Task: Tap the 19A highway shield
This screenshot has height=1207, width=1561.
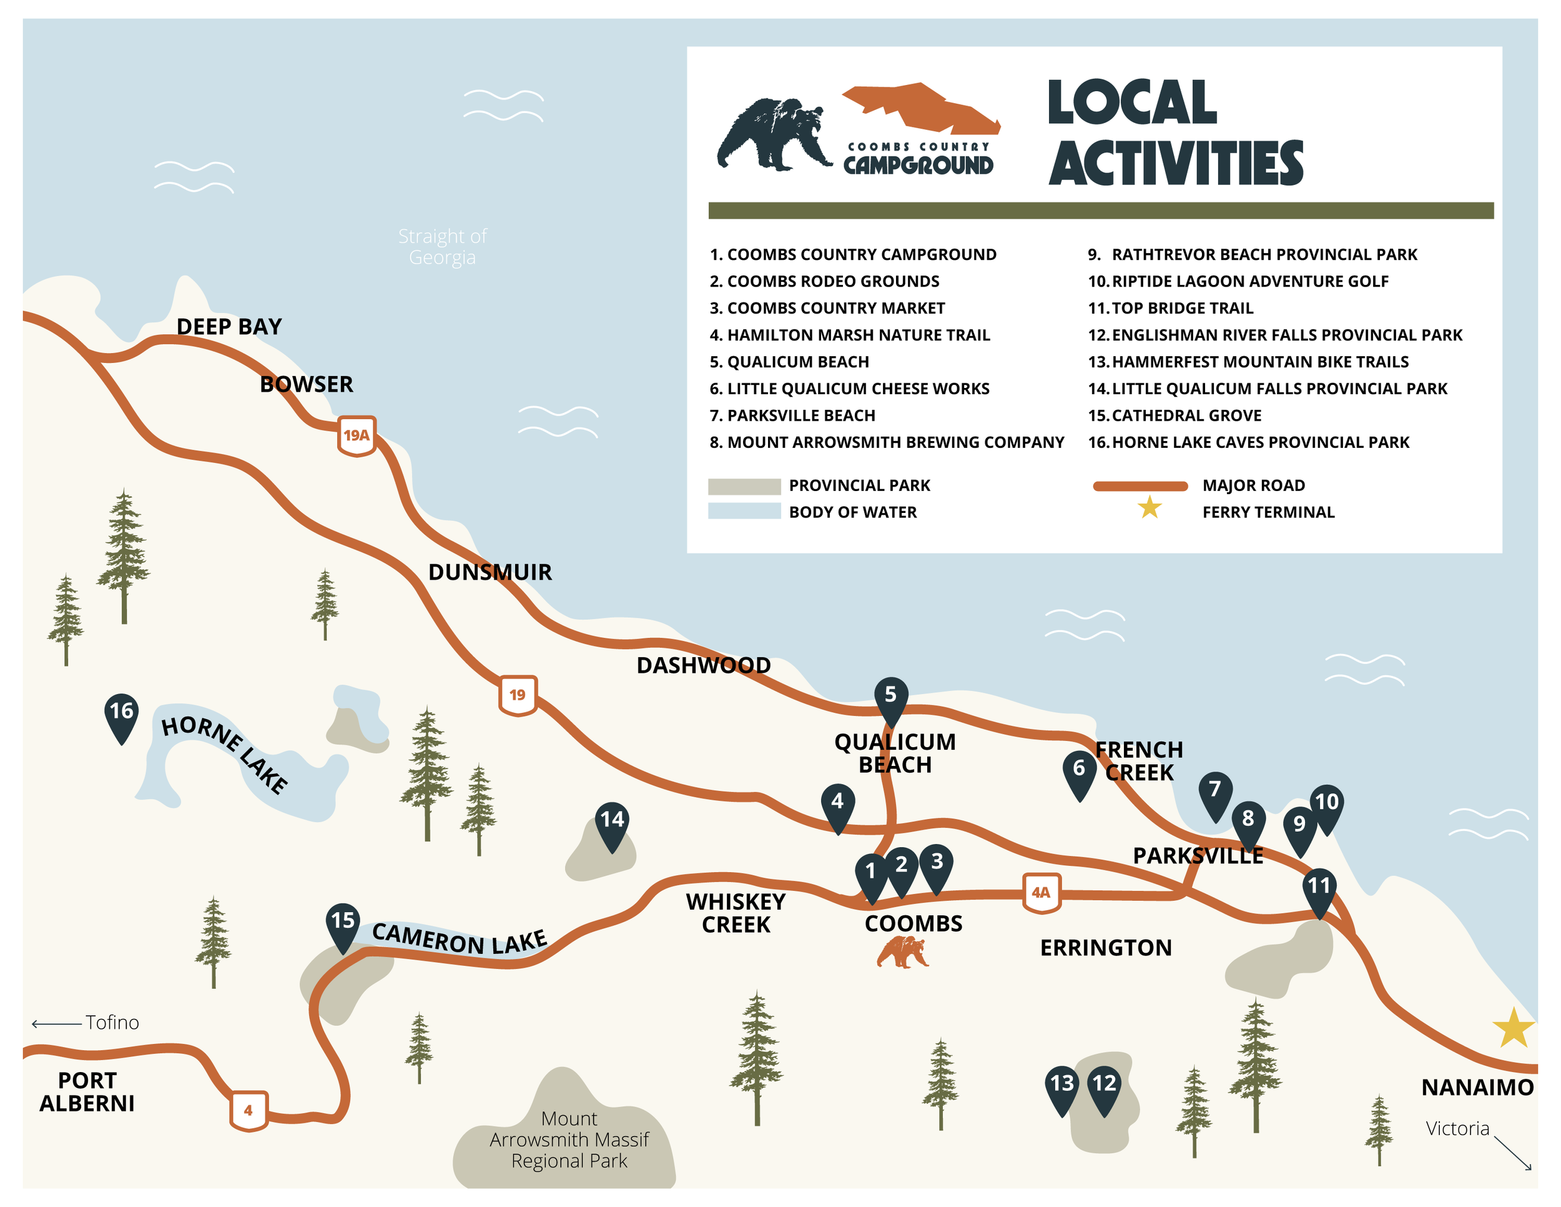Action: (357, 435)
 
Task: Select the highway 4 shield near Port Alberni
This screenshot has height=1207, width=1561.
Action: (248, 1110)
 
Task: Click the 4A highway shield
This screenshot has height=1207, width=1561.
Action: (1041, 892)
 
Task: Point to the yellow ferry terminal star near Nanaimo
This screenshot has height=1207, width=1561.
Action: (1513, 1028)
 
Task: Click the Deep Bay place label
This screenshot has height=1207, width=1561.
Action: (229, 327)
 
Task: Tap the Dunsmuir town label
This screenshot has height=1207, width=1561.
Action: (490, 572)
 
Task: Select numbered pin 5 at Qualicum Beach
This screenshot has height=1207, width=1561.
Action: (890, 697)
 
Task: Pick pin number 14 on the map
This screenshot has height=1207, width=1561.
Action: (613, 822)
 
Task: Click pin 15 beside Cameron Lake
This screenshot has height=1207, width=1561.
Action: (342, 923)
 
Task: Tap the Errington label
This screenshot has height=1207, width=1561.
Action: (1105, 948)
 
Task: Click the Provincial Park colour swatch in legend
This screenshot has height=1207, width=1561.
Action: (744, 486)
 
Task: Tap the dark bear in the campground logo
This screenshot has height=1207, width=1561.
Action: (774, 134)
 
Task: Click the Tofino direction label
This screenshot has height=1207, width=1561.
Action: (112, 1023)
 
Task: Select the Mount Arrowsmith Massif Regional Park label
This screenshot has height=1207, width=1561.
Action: (569, 1139)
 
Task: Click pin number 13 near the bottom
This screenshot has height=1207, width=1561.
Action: (1061, 1087)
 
